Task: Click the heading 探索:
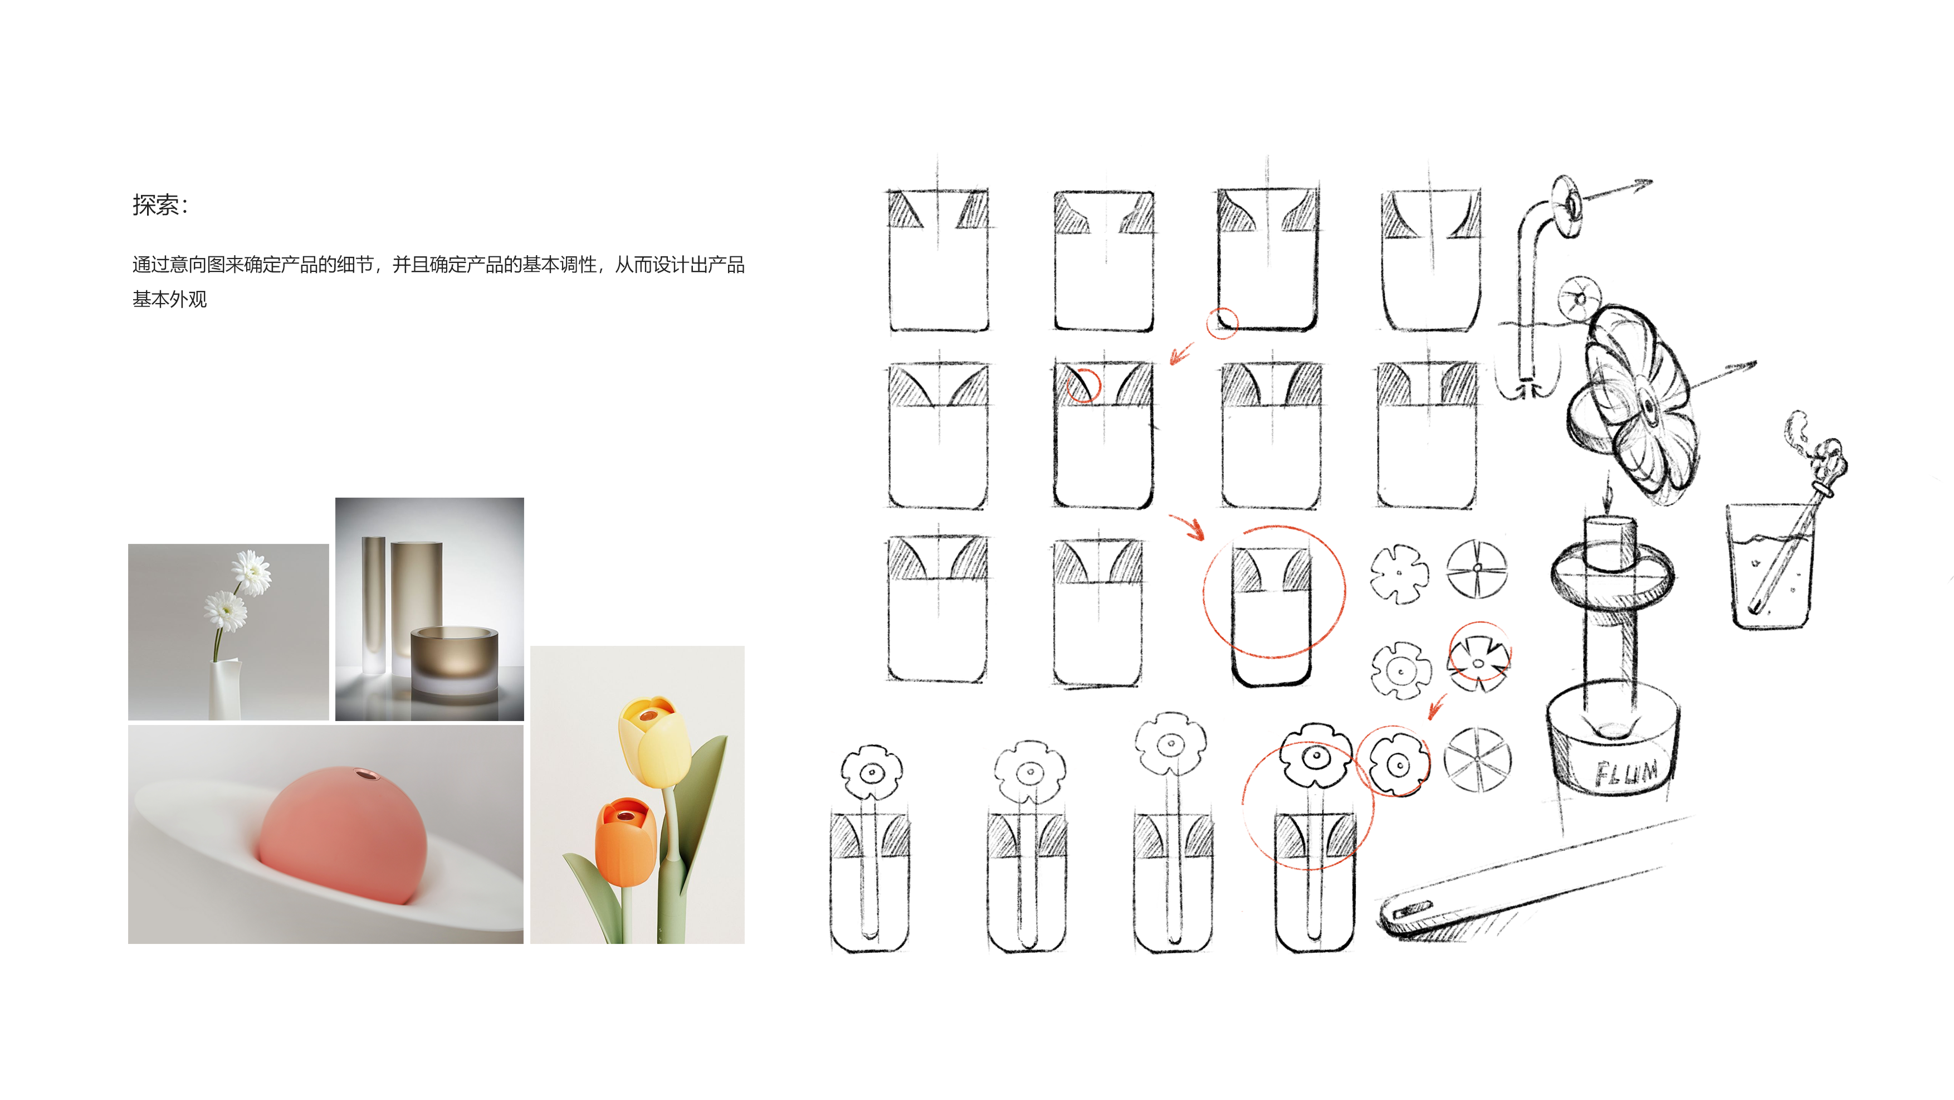pyautogui.click(x=160, y=205)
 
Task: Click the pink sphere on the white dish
pyautogui.click(x=341, y=835)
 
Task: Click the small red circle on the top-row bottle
pyautogui.click(x=1222, y=323)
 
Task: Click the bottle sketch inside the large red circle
pyautogui.click(x=1271, y=615)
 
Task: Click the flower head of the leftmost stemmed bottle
pyautogui.click(x=872, y=772)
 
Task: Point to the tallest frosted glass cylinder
pyautogui.click(x=416, y=599)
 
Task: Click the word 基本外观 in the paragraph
pyautogui.click(x=169, y=300)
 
